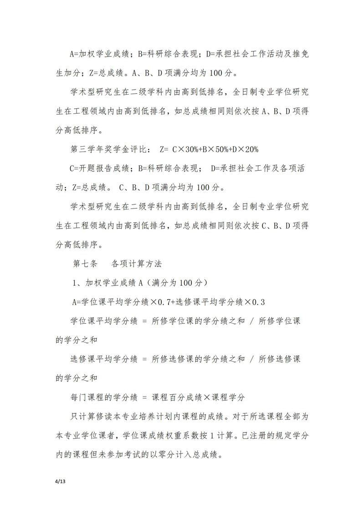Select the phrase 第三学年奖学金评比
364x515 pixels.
[108, 149]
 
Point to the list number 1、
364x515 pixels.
[77, 283]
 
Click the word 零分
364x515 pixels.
[174, 454]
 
